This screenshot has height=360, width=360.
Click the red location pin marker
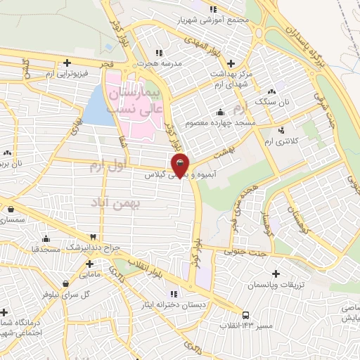click(x=181, y=166)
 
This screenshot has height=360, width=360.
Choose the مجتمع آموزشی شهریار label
click(x=214, y=20)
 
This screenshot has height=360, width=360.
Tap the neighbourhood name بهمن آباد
click(x=116, y=202)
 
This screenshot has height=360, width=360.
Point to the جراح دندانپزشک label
click(x=71, y=248)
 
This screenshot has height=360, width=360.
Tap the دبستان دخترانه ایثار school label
click(x=174, y=305)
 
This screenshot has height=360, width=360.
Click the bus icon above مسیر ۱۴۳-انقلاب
click(x=245, y=316)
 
